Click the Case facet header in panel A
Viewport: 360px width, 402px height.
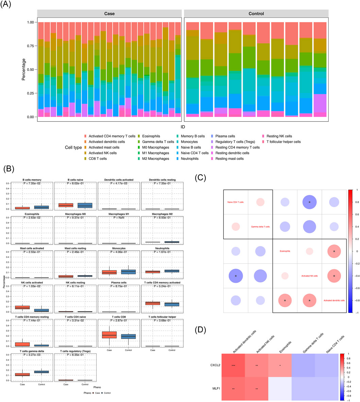coord(109,14)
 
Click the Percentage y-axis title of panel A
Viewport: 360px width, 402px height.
coord(23,69)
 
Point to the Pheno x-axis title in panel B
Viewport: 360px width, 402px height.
coord(98,387)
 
